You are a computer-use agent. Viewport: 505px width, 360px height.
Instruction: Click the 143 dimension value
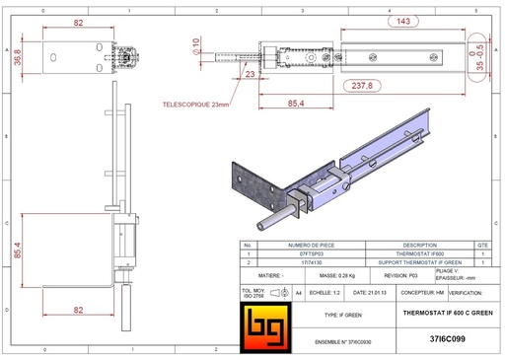click(x=403, y=19)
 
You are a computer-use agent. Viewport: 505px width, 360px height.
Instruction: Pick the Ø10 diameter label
click(x=195, y=46)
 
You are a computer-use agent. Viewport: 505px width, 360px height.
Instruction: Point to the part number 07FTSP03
click(x=297, y=254)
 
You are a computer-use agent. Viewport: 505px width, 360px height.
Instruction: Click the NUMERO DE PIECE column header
click(x=297, y=246)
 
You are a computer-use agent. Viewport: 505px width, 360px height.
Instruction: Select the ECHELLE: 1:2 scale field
click(x=319, y=293)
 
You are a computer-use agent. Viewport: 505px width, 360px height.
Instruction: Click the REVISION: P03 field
click(x=399, y=279)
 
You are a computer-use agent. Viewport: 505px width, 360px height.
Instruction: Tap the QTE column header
click(x=481, y=246)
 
